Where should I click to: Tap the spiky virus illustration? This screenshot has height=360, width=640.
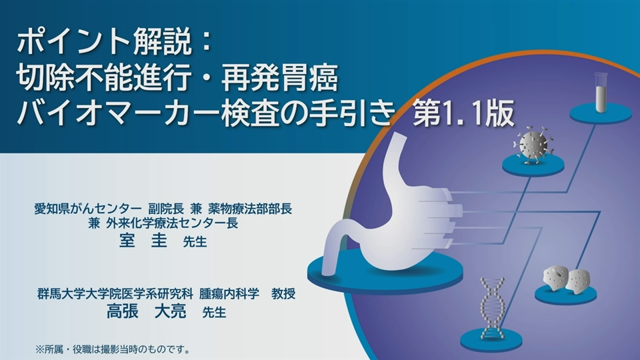(x=531, y=145)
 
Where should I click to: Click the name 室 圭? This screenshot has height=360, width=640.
(x=143, y=241)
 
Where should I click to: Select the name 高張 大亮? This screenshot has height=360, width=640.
(x=147, y=312)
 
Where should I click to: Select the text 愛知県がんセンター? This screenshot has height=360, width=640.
(x=88, y=209)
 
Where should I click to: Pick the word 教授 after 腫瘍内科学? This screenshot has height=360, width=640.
(x=283, y=293)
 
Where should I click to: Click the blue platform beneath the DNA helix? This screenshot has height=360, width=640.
(x=491, y=339)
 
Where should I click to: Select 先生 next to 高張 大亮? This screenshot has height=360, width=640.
(x=214, y=313)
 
